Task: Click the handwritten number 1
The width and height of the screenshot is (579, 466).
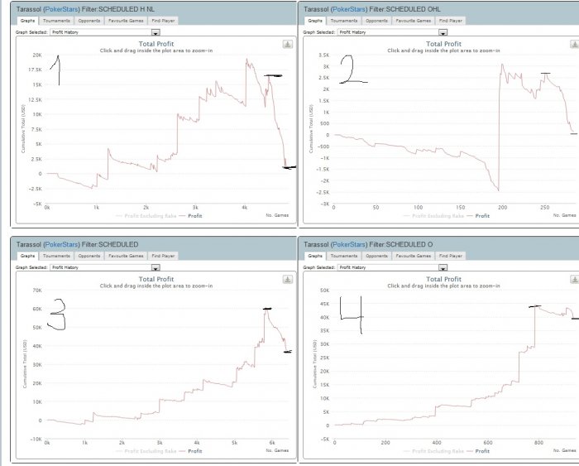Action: [x=56, y=70]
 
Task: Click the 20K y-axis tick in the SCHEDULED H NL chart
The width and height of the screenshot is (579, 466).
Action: [x=36, y=55]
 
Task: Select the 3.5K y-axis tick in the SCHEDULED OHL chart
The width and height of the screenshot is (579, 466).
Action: [x=324, y=55]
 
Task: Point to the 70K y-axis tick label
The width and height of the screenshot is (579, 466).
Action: [x=36, y=291]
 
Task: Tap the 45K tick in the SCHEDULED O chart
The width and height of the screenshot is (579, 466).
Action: [x=324, y=304]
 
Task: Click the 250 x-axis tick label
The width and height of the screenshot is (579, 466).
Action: [x=544, y=207]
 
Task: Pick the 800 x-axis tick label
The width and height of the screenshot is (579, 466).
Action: [x=536, y=443]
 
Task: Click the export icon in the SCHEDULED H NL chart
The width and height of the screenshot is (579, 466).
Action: [x=287, y=45]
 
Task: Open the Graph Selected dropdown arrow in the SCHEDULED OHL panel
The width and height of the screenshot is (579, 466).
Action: [x=443, y=32]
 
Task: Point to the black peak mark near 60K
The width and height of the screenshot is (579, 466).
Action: [x=268, y=309]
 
